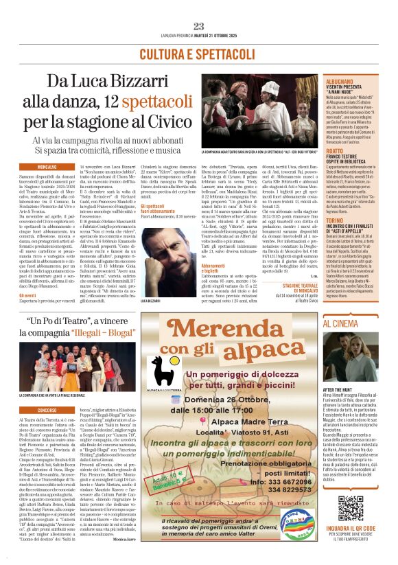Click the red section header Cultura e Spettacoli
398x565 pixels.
point(198,54)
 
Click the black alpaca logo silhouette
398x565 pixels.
point(165,371)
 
